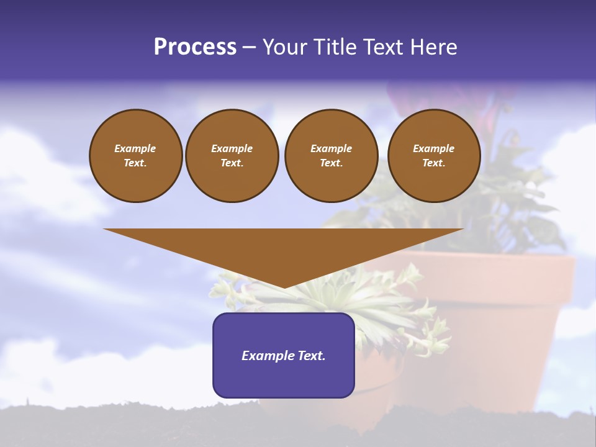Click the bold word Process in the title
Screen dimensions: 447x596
pos(195,47)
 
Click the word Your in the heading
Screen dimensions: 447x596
pos(284,47)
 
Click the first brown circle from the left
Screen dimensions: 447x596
pos(136,156)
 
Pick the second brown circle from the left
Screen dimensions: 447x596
pos(232,156)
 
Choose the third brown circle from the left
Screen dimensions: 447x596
pos(332,156)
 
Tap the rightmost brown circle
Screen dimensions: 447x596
pos(434,156)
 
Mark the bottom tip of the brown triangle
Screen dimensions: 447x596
pos(284,287)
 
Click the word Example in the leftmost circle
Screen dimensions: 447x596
pos(135,148)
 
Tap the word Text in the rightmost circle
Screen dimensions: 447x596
pos(433,163)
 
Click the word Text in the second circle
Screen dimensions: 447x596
pos(232,163)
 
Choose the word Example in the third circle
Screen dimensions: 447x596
pos(332,148)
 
